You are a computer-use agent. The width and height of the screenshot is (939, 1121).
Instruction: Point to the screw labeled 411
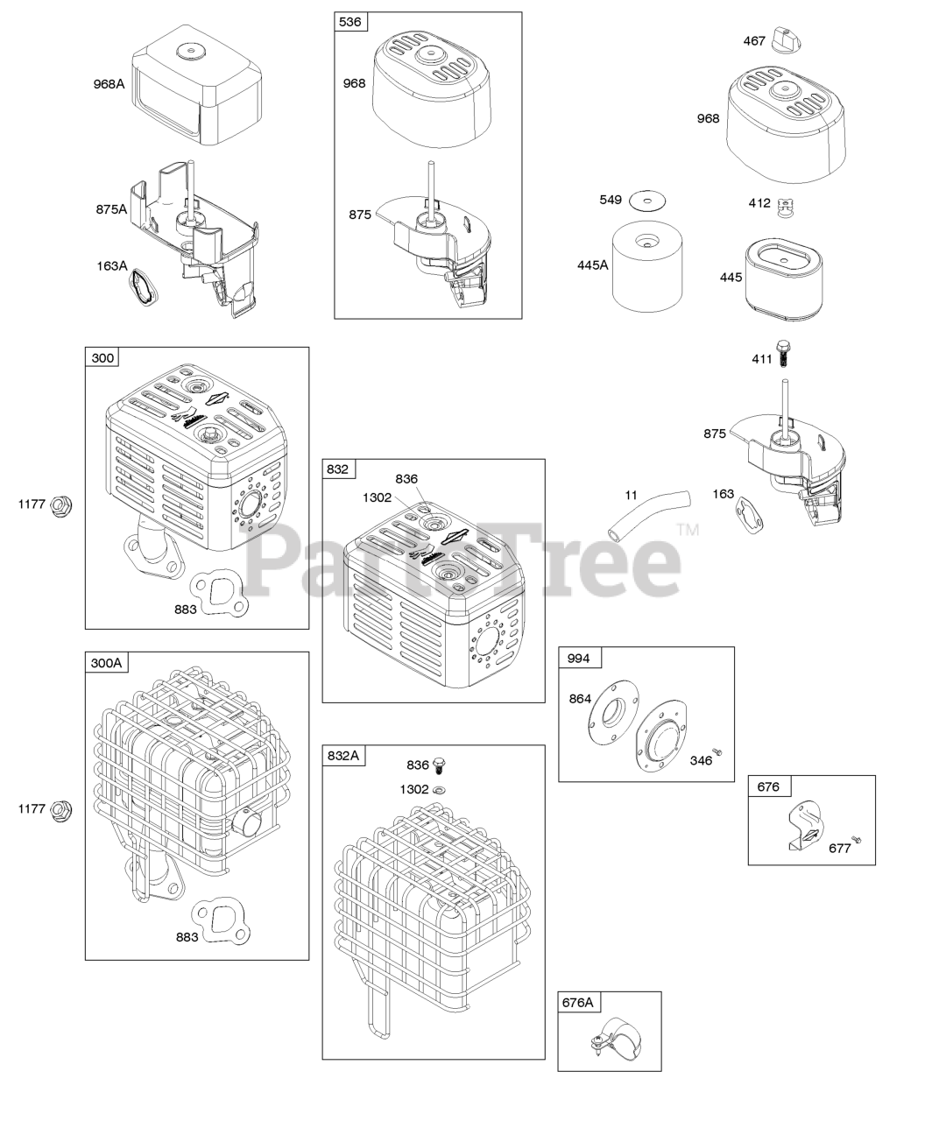pyautogui.click(x=783, y=354)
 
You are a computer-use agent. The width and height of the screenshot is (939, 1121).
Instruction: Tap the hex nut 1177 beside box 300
pyautogui.click(x=61, y=504)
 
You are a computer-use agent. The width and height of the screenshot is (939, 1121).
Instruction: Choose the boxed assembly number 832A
pyautogui.click(x=343, y=755)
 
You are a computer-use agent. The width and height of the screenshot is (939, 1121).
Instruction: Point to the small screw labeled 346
pyautogui.click(x=717, y=751)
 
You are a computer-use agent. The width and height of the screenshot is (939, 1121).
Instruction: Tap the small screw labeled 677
pyautogui.click(x=858, y=840)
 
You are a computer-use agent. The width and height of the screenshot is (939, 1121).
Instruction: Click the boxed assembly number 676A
pyautogui.click(x=578, y=1002)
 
